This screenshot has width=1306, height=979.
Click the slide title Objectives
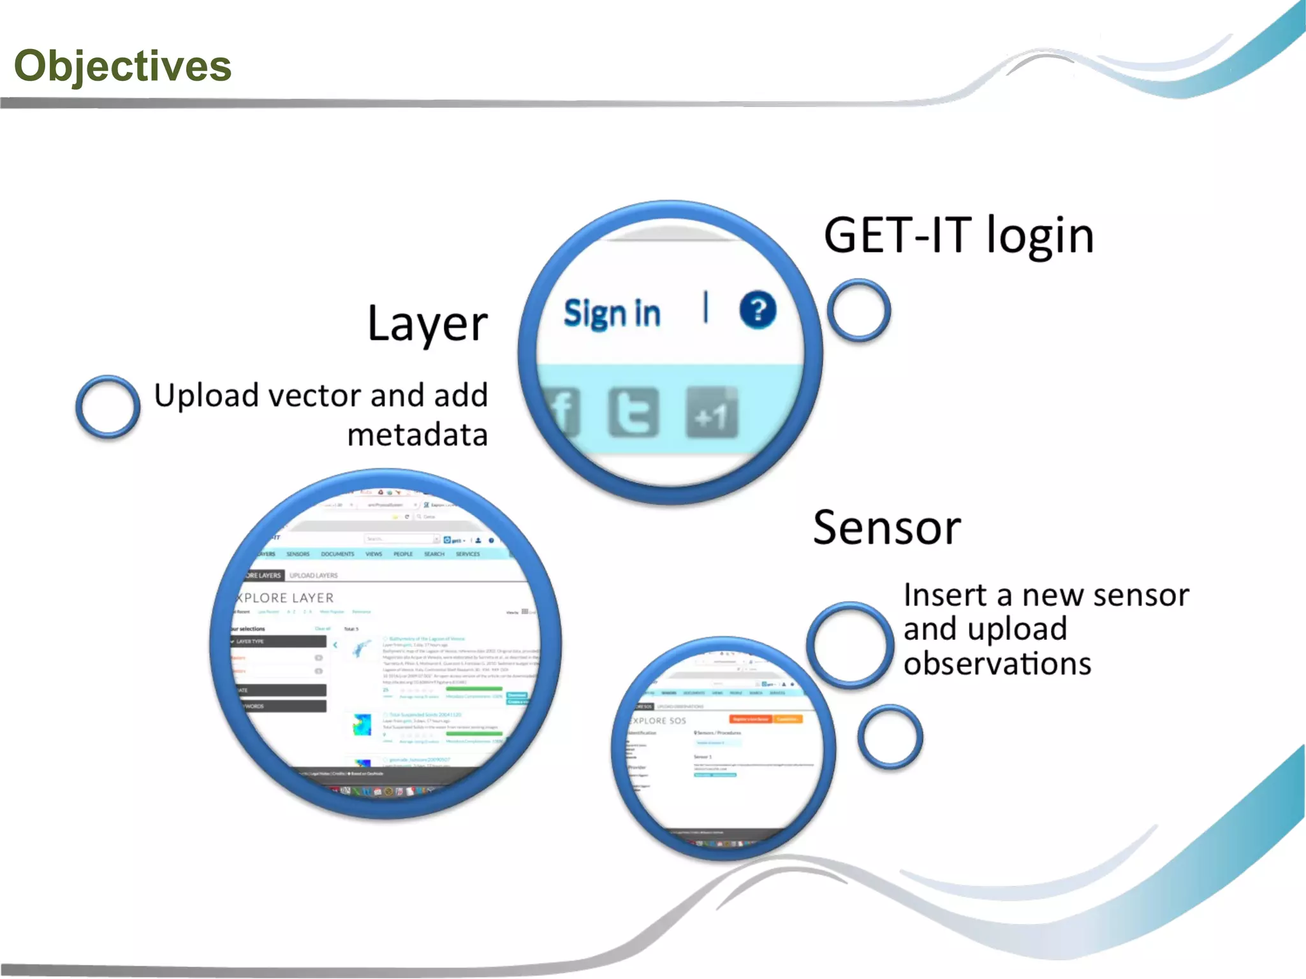[122, 66]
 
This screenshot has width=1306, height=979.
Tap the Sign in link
[612, 314]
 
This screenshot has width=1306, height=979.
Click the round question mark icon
[758, 310]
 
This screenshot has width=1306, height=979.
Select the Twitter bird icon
[633, 413]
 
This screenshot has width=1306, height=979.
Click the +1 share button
[712, 414]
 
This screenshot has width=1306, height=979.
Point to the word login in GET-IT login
[1039, 236]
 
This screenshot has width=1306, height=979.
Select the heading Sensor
[886, 528]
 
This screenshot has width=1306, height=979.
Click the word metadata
[418, 435]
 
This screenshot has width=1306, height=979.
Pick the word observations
[997, 664]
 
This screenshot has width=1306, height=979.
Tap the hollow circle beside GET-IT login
[858, 310]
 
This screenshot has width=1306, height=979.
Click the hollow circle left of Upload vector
[108, 407]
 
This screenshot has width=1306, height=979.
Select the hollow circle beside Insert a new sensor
[850, 644]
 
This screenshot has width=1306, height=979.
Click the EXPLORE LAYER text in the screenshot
[284, 598]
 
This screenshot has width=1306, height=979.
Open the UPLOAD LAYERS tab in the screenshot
[313, 576]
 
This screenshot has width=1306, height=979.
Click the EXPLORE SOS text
[657, 721]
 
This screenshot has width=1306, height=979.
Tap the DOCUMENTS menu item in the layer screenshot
[337, 554]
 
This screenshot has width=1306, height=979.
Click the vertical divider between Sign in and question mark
[705, 307]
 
